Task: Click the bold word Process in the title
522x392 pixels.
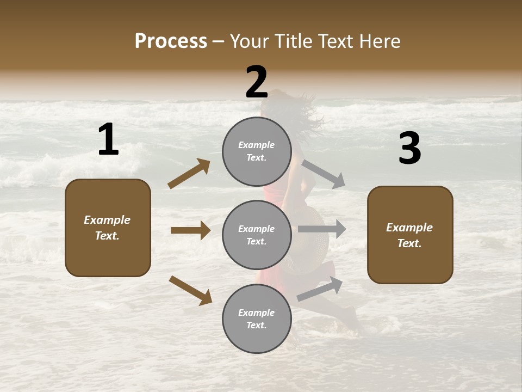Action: (x=171, y=41)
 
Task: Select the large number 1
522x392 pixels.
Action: (x=108, y=140)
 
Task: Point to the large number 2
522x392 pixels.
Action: (x=257, y=82)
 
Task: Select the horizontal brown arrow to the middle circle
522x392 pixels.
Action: (x=190, y=230)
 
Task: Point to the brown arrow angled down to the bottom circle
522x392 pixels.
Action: (x=190, y=290)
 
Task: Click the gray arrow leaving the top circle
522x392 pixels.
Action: (x=324, y=174)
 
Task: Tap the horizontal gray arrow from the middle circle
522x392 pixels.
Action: (x=322, y=229)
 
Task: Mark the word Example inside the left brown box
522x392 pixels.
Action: (x=107, y=220)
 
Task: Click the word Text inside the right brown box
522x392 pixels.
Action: (x=408, y=243)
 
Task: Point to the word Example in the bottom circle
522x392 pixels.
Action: (x=256, y=313)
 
